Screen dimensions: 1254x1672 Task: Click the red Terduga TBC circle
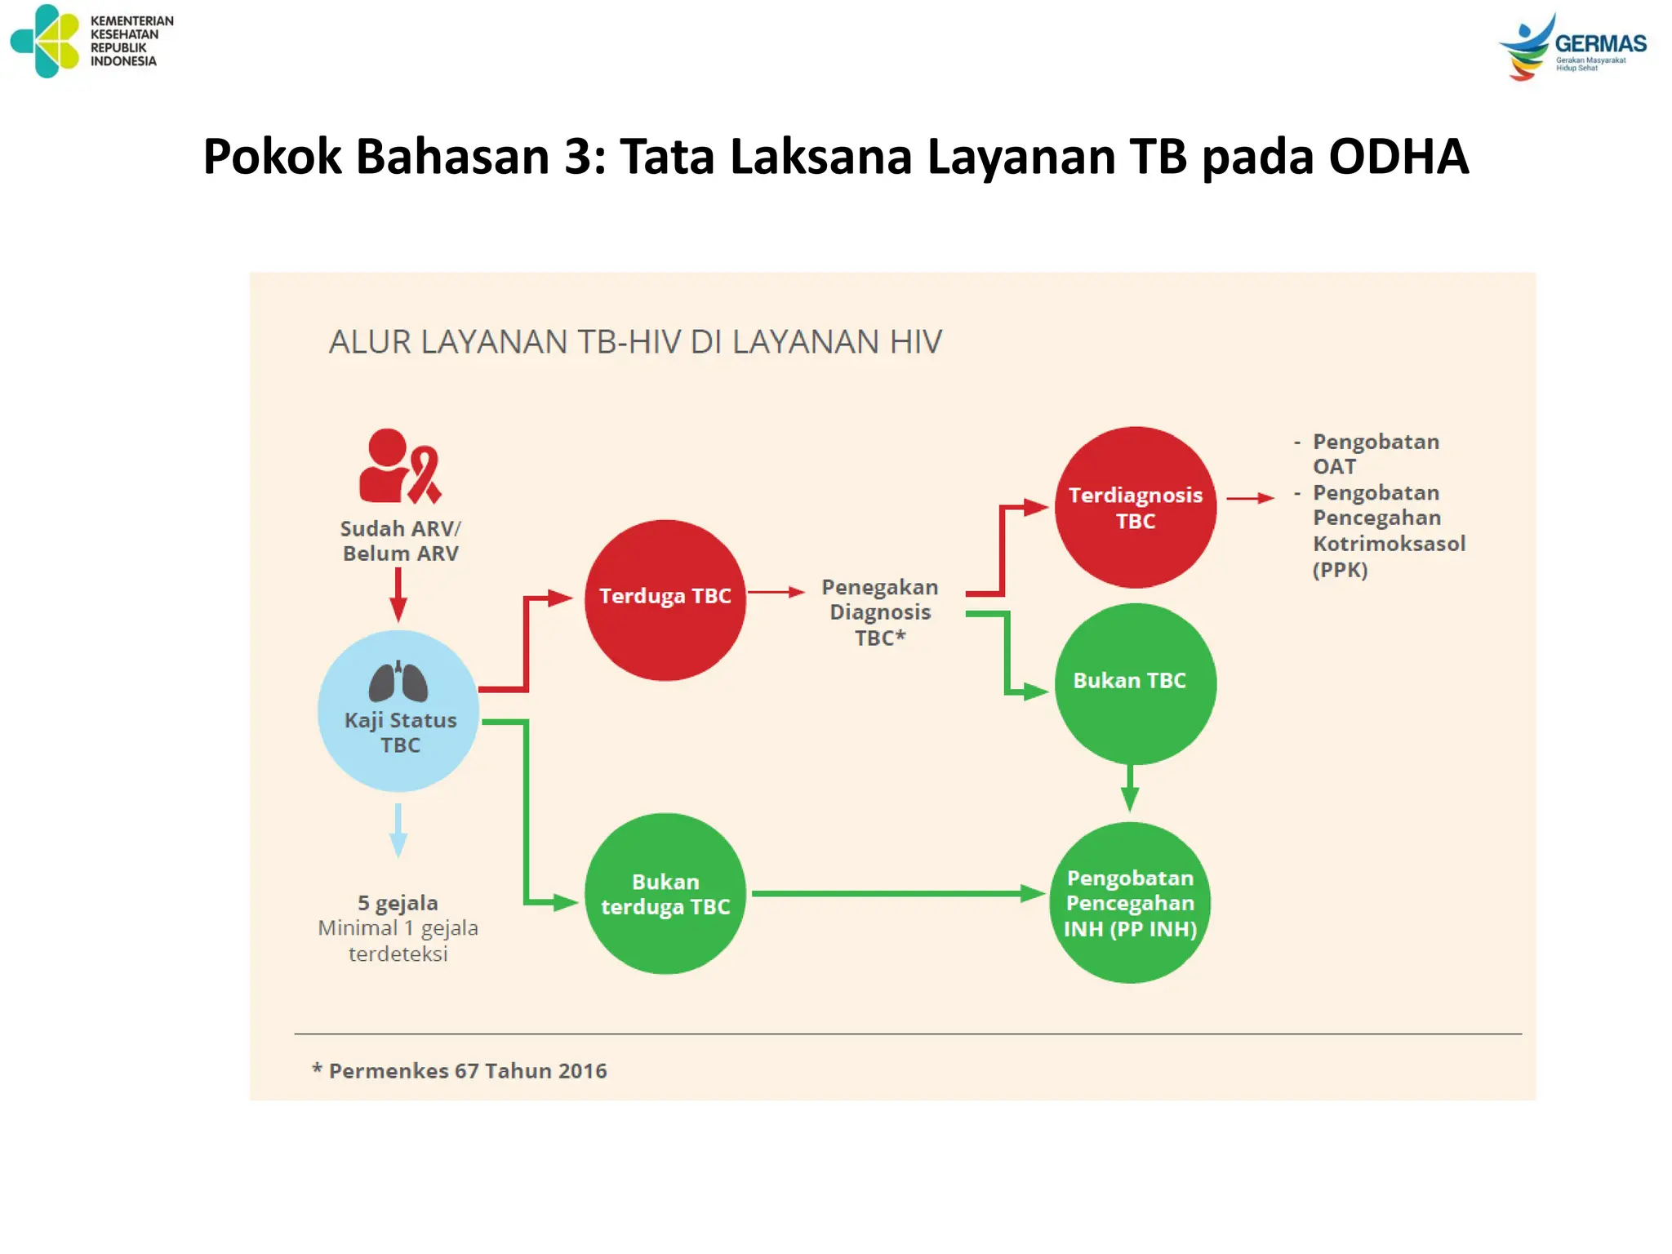pyautogui.click(x=665, y=600)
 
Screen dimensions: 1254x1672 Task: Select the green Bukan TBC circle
pyautogui.click(x=1135, y=683)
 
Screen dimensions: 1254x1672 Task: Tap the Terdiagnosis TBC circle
pyautogui.click(x=1135, y=507)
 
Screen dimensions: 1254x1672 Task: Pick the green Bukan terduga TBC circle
pyautogui.click(x=665, y=893)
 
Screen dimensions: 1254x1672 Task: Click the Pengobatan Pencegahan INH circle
pyautogui.click(x=1130, y=902)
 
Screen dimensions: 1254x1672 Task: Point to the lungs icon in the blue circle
pyautogui.click(x=398, y=682)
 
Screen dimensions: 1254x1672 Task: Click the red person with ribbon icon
pyautogui.click(x=399, y=466)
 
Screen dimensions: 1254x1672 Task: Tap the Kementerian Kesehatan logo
pyautogui.click(x=46, y=41)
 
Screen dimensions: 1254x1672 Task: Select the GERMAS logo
pyautogui.click(x=1572, y=46)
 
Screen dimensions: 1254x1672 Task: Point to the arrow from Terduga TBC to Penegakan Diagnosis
pyautogui.click(x=776, y=592)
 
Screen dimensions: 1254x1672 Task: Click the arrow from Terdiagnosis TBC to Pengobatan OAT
pyautogui.click(x=1250, y=498)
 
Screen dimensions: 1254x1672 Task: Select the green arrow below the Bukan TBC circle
pyautogui.click(x=1130, y=788)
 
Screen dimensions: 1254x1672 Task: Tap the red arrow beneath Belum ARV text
pyautogui.click(x=398, y=595)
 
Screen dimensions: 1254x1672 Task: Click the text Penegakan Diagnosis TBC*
pyautogui.click(x=879, y=612)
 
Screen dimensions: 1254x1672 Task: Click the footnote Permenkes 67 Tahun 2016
pyautogui.click(x=460, y=1071)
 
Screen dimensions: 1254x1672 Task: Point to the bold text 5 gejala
pyautogui.click(x=398, y=903)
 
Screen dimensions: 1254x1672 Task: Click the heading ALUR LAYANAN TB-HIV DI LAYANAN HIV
pyautogui.click(x=635, y=342)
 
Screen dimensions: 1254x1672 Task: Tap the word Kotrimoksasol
pyautogui.click(x=1389, y=544)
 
